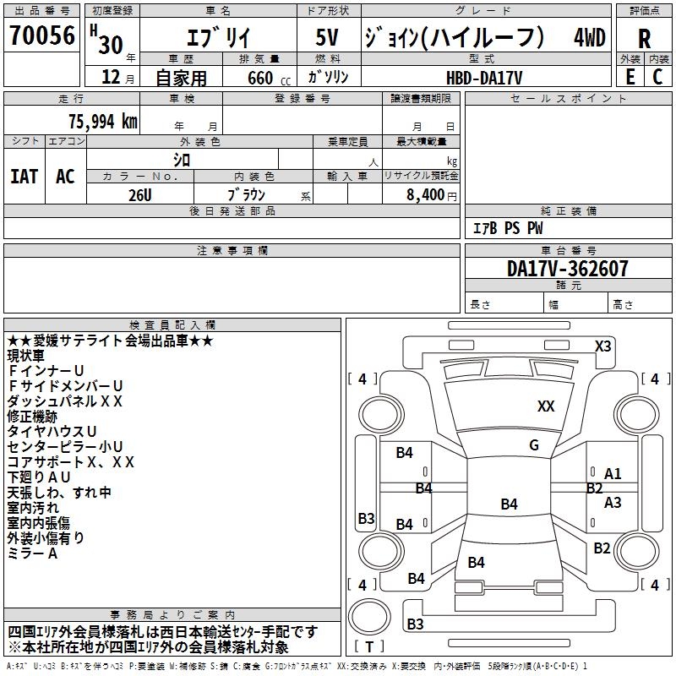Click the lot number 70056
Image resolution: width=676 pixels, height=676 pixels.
[42, 35]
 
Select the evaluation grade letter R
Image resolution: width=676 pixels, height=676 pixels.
[644, 39]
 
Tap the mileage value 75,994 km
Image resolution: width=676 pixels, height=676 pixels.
[102, 121]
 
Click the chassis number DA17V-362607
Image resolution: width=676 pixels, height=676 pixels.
[567, 269]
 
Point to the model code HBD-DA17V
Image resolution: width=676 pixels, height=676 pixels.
[484, 78]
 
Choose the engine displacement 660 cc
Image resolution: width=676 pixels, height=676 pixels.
[269, 78]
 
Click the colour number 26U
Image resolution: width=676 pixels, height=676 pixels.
[139, 195]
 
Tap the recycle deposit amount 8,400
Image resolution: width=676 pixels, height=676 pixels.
[425, 194]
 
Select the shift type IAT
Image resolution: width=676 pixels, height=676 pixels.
[25, 177]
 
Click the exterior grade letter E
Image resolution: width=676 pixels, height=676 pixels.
[630, 77]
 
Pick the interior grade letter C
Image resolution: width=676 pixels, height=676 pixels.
[657, 77]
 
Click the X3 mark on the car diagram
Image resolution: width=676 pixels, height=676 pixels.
[602, 346]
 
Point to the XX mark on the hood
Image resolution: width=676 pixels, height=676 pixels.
[546, 406]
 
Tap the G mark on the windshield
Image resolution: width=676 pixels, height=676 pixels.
[534, 445]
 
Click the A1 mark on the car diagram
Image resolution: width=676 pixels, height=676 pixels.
[613, 474]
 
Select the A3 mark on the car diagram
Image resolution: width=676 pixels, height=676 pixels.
[613, 503]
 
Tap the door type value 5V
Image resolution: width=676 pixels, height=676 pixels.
[327, 37]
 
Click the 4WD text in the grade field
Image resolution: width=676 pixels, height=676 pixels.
[589, 37]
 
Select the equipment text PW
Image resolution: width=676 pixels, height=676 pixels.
[535, 228]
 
